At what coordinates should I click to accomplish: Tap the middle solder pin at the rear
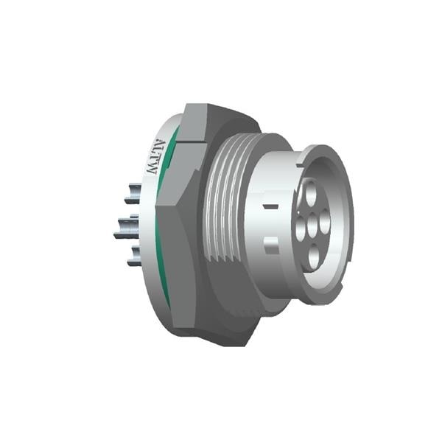click(127, 227)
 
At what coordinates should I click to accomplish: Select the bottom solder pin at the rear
click(133, 257)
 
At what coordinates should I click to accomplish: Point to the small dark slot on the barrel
click(271, 208)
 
